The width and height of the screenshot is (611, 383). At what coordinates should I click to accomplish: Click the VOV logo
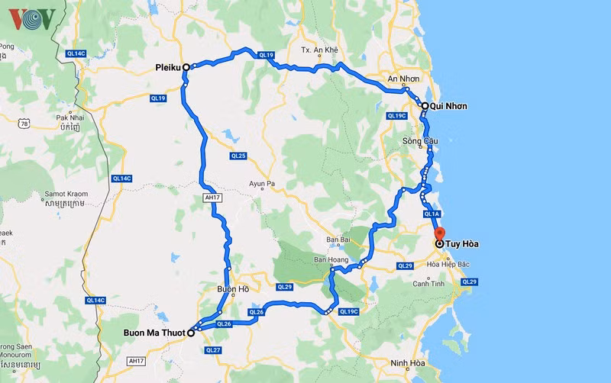[31, 18]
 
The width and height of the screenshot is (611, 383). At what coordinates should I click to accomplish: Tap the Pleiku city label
[167, 67]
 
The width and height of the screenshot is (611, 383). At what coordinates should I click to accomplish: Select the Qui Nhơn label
[448, 106]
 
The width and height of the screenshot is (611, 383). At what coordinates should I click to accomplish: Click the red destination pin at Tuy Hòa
[439, 234]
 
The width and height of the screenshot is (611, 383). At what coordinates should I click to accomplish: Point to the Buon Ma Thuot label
[154, 333]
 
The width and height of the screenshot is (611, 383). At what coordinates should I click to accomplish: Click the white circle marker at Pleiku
[186, 67]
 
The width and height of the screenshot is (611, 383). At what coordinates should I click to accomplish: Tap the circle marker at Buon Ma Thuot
[190, 333]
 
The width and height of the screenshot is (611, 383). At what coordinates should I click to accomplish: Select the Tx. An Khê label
[318, 50]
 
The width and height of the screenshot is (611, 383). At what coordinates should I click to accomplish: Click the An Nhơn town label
[403, 79]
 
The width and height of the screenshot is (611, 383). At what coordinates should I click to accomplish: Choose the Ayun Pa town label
[266, 184]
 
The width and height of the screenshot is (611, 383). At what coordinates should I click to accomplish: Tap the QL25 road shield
[238, 156]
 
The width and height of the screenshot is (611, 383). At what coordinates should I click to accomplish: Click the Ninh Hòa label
[406, 362]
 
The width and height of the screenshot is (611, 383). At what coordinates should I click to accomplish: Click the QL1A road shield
[432, 214]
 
